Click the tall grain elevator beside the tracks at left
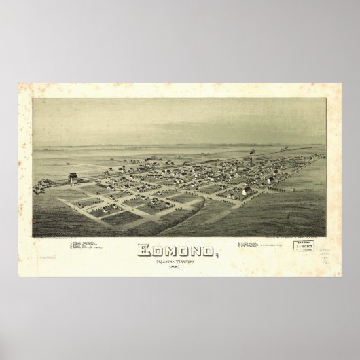[73, 179]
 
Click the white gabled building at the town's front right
[245, 190]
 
